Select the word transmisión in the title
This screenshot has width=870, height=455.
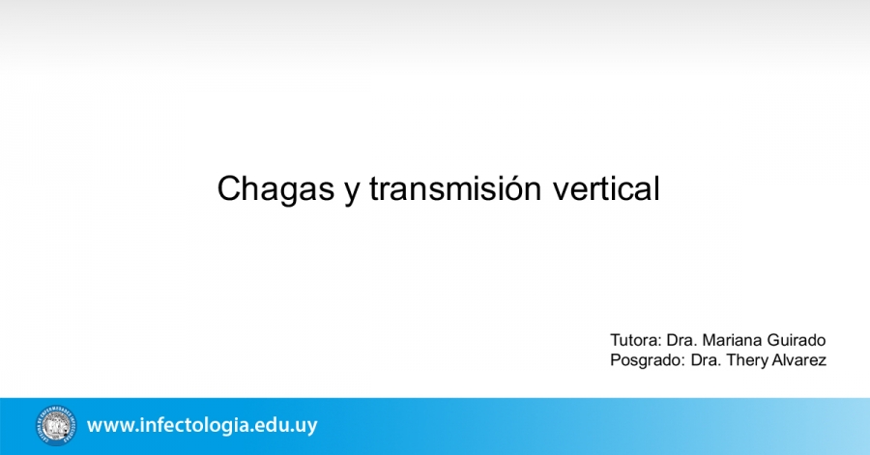coord(455,187)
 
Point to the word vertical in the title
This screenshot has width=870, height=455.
coord(606,187)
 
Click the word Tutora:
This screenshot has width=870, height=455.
coord(636,340)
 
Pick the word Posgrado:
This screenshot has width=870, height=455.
coord(648,360)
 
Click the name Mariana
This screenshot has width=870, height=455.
coord(732,340)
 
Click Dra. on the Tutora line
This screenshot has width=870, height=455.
coord(681,340)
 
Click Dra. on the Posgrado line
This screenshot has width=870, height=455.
coord(706,360)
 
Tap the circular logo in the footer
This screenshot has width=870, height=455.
coord(56,425)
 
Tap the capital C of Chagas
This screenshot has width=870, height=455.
coord(230,188)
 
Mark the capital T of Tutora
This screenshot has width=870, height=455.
coord(616,340)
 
